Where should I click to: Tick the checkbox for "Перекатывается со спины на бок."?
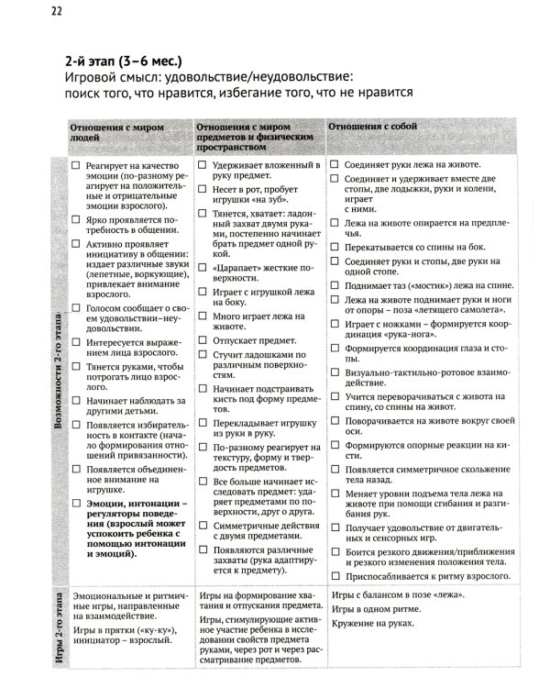click(x=335, y=247)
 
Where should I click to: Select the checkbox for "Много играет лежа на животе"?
click(x=203, y=316)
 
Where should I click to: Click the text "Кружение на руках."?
click(x=370, y=623)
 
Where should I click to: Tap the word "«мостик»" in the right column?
click(x=427, y=287)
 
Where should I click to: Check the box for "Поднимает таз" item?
click(x=335, y=287)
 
